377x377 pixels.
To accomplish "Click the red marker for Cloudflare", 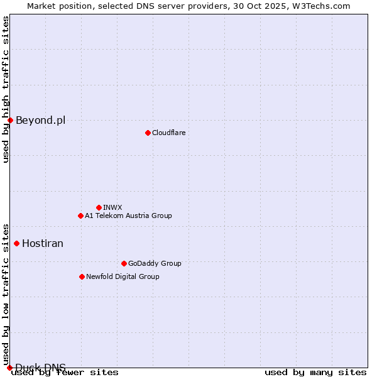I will [148, 133].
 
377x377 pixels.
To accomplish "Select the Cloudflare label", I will [168, 133].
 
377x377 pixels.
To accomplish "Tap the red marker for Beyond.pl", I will [11, 120].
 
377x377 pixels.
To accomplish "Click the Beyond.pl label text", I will [40, 120].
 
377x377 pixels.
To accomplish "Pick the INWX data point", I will [99, 207].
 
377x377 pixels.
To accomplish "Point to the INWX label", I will [112, 207].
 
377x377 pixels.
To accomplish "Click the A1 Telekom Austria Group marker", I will [80, 216].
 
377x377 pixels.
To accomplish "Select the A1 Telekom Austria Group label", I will [128, 216].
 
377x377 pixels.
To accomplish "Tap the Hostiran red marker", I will [17, 243].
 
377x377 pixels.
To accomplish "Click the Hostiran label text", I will [43, 243].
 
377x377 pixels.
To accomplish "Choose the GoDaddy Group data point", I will [124, 263].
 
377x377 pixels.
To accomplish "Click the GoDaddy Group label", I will [155, 263].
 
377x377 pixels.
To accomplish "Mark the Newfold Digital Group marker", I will [82, 276].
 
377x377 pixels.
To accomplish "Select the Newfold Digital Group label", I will [123, 276].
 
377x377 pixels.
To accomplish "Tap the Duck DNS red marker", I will [9, 368].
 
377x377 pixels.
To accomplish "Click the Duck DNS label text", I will [40, 368].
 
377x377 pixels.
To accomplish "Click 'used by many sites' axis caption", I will [315, 372].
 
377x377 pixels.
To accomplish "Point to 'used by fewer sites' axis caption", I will [65, 372].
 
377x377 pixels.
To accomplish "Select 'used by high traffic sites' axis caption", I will [6, 89].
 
